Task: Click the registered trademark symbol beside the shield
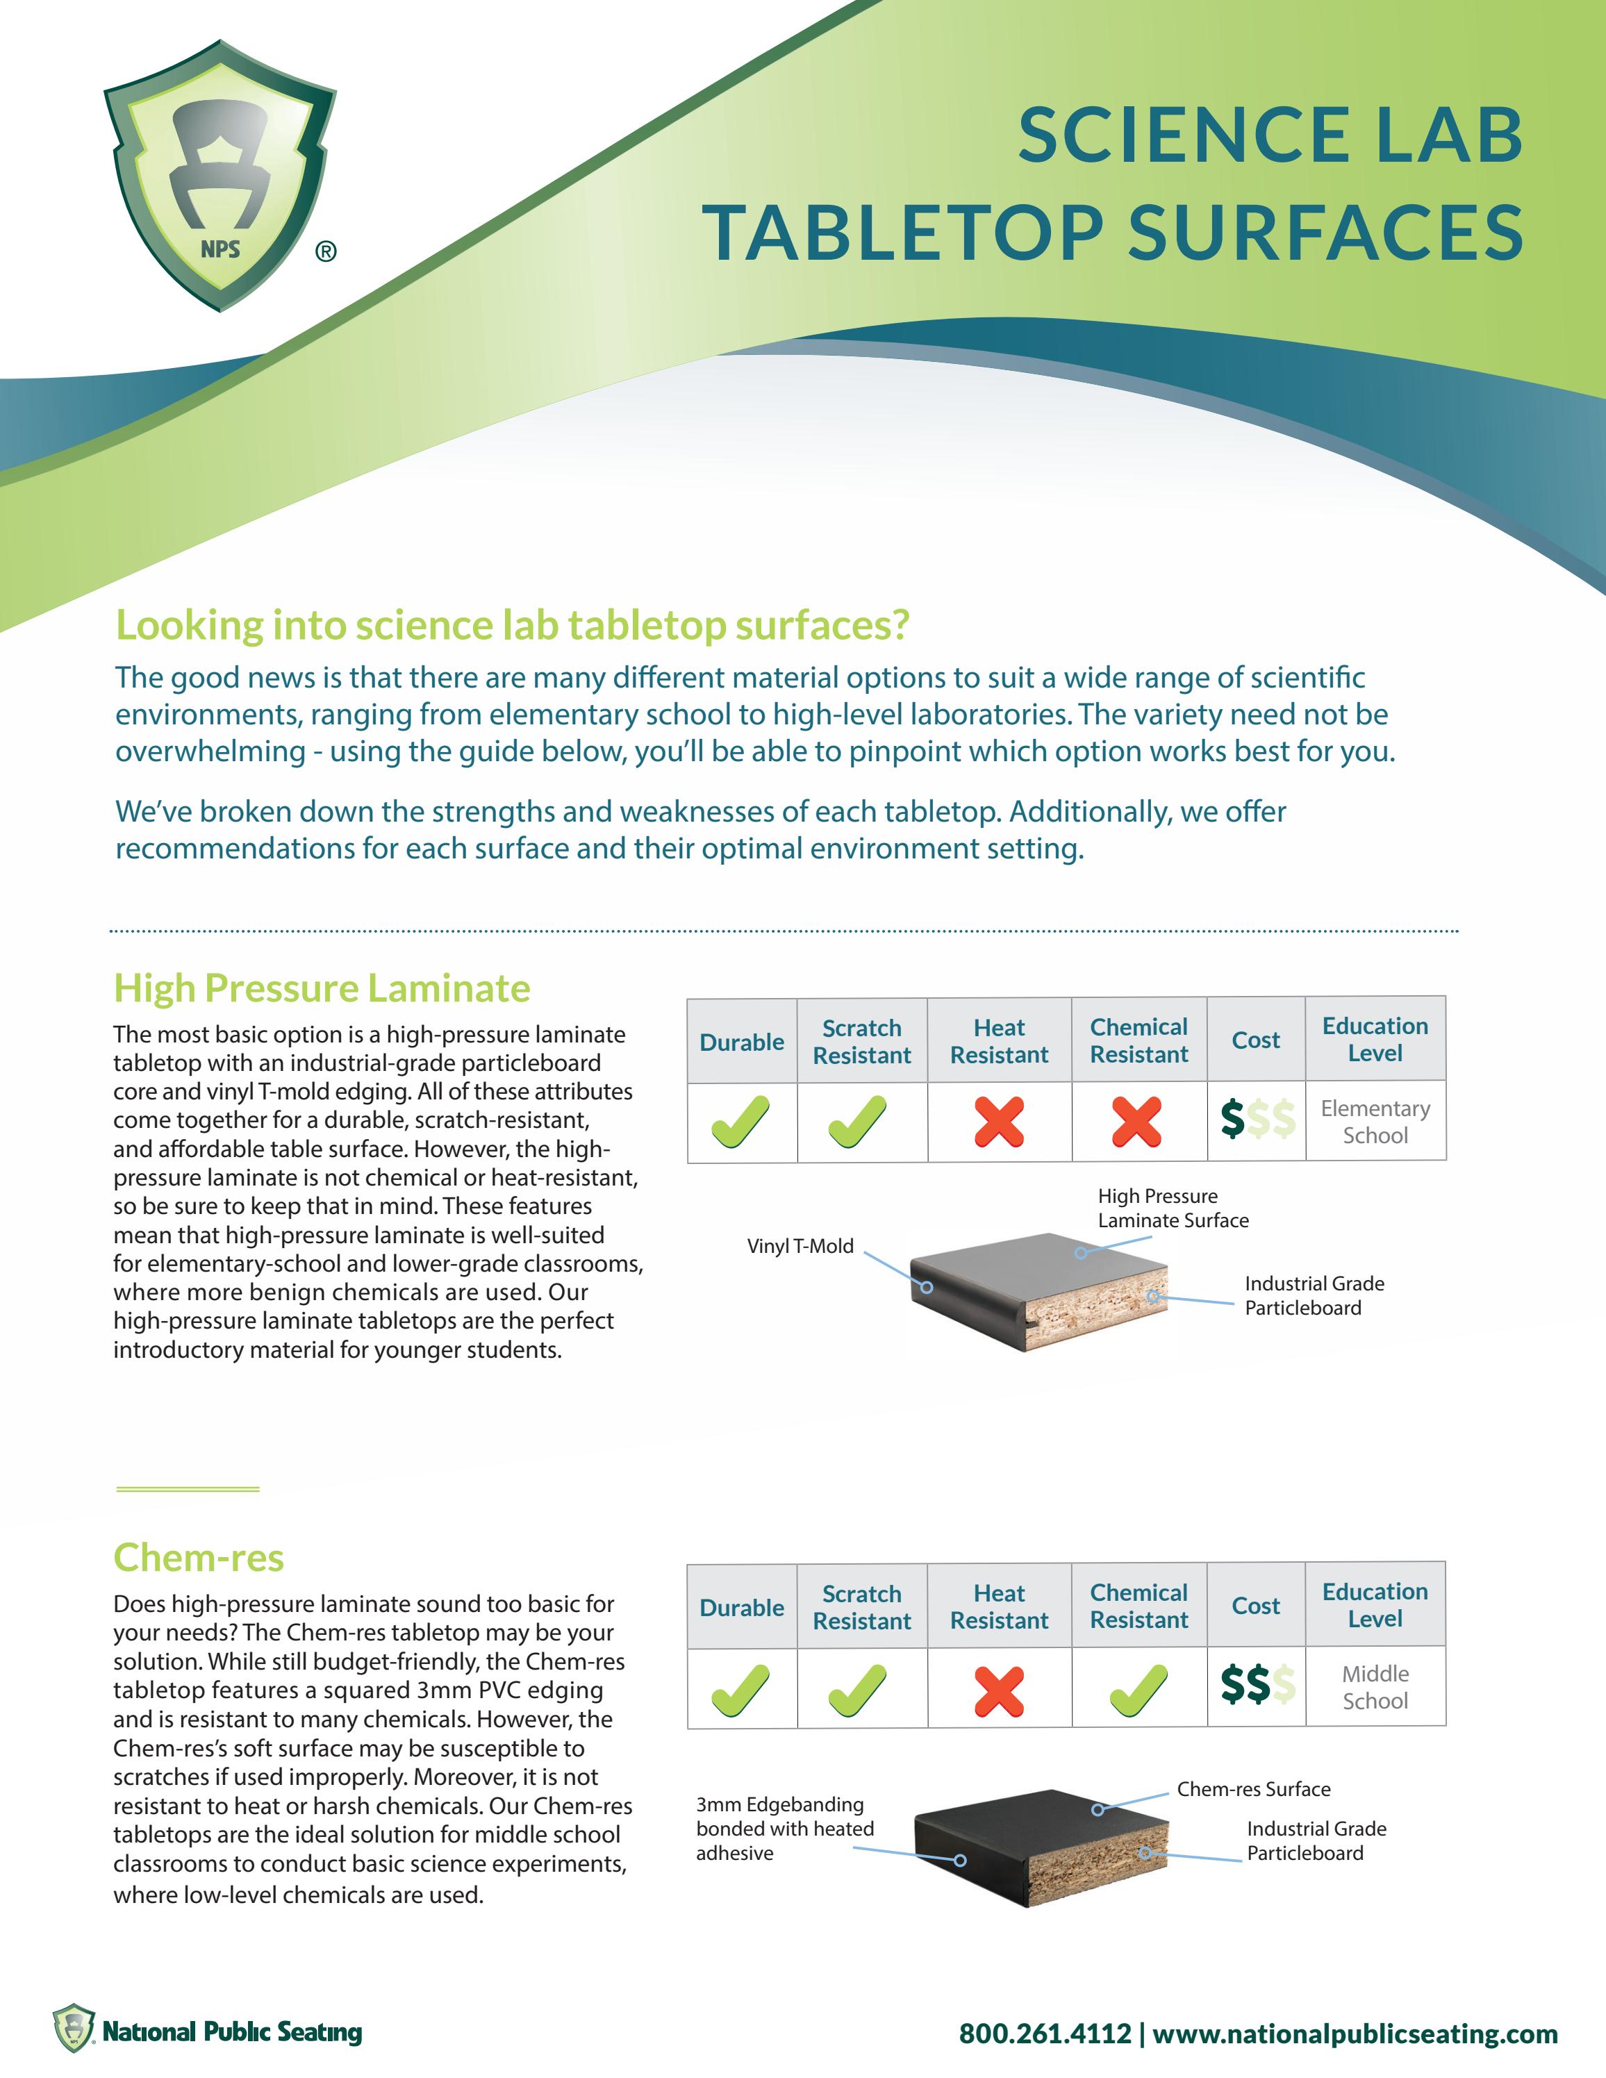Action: [x=325, y=252]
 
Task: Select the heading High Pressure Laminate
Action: [x=322, y=988]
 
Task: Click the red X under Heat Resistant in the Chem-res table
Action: [x=999, y=1692]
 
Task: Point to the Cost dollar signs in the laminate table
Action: [x=1257, y=1120]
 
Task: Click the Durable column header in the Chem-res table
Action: [x=741, y=1607]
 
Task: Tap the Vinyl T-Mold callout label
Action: [x=800, y=1247]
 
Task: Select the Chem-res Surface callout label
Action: [x=1253, y=1789]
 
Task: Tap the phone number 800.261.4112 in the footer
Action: [x=1045, y=2034]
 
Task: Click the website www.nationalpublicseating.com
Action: [x=1355, y=2034]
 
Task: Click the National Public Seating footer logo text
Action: [x=231, y=2032]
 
